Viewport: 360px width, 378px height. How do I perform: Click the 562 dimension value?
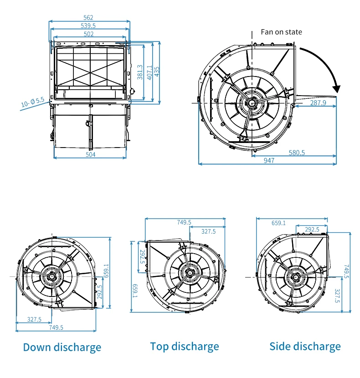point(89,18)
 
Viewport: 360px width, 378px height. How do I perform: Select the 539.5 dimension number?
point(89,26)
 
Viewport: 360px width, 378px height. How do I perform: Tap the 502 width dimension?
point(89,34)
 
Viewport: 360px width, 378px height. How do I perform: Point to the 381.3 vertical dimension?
point(140,72)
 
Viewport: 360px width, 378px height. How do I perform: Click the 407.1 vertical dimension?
point(149,72)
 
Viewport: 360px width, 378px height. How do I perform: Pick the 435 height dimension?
point(157,72)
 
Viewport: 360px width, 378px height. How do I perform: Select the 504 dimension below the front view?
point(91,155)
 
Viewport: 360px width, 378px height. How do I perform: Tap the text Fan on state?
point(281,32)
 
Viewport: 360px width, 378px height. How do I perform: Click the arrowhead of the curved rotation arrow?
point(337,87)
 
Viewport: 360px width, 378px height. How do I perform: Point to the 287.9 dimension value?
point(318,103)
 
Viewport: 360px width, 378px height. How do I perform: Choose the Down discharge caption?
point(62,347)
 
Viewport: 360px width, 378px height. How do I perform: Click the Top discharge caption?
point(185,347)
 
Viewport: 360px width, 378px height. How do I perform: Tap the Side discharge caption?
point(305,347)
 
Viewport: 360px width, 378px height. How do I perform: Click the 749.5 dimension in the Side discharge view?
point(346,271)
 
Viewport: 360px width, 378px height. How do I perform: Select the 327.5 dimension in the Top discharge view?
point(208,231)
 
